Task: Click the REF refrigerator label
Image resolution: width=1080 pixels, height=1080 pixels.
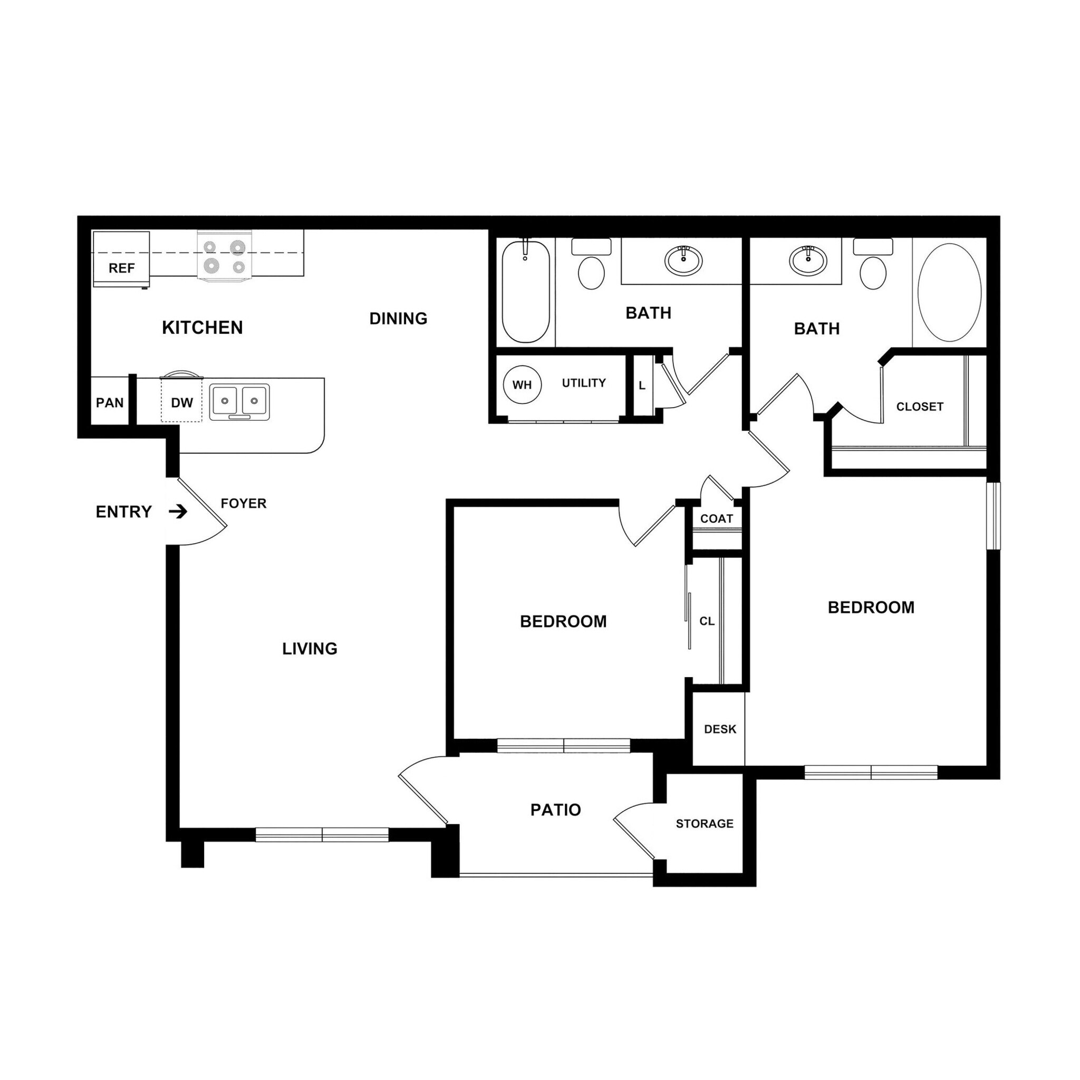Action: pos(121,268)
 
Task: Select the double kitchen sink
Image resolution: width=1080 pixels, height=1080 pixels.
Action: pos(239,401)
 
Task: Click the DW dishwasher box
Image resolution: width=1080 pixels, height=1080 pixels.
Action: pos(182,402)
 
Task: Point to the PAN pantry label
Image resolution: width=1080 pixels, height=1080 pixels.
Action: pos(110,403)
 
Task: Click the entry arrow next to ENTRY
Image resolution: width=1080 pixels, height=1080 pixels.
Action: pos(178,512)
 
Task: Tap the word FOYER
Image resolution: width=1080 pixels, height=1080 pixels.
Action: pos(243,504)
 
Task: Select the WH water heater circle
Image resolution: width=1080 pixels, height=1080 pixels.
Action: pos(522,384)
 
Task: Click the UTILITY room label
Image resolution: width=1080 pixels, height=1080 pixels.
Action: pos(584,383)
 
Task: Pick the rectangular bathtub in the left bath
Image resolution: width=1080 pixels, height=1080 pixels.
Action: pos(525,291)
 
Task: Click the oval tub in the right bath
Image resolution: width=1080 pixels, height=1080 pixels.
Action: pos(949,292)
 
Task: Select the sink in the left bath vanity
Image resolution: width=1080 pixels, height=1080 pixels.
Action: pos(683,260)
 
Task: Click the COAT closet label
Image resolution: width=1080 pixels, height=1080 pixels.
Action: pos(716,519)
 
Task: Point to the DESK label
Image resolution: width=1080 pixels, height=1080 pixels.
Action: pos(720,729)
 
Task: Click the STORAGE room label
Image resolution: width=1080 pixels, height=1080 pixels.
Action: pos(705,823)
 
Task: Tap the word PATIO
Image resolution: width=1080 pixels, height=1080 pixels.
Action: pos(555,809)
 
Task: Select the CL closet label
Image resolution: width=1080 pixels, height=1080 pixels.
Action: pos(707,621)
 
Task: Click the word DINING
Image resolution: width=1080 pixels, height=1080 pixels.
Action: pos(398,319)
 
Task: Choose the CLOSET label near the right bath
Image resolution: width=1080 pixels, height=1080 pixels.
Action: pos(920,407)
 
